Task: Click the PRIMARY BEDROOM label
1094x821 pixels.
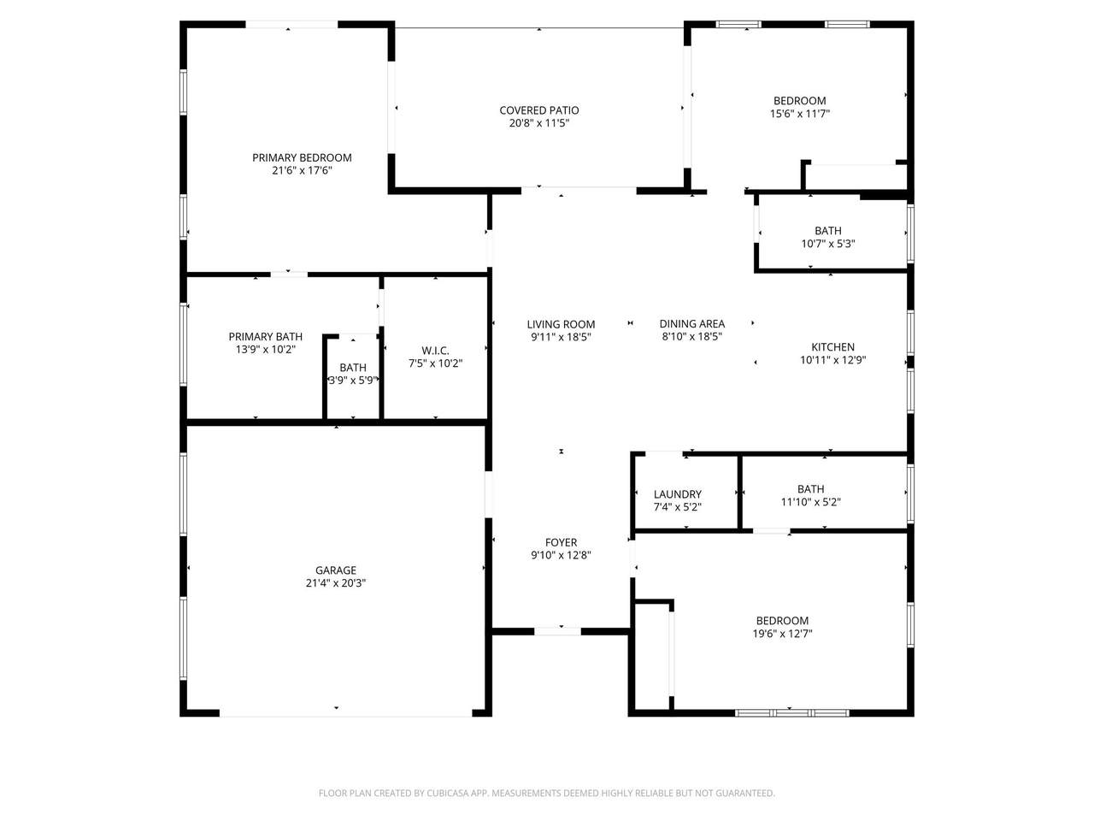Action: coord(302,158)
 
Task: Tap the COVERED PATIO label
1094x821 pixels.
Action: coord(538,110)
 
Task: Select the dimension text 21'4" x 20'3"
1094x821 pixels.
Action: coord(335,582)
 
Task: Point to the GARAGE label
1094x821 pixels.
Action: coord(335,570)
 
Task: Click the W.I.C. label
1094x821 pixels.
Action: coord(435,351)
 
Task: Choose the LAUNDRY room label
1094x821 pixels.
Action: coord(677,494)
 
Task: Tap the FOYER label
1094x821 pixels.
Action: coord(561,542)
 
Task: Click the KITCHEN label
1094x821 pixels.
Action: coord(832,347)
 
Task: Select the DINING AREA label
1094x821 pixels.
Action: coord(691,324)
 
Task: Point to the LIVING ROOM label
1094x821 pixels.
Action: coord(561,324)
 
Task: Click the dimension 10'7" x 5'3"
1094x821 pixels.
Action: coord(828,244)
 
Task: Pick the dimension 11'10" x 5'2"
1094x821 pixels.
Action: coord(810,502)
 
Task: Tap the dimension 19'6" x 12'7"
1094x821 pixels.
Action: coord(782,634)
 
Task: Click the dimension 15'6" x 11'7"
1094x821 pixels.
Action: coord(799,114)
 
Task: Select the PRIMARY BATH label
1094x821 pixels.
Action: coord(265,336)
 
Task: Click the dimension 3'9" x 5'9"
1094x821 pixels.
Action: coord(352,381)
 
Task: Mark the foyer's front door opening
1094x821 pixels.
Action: coord(557,631)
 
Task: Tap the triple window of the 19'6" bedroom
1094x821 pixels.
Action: coord(792,713)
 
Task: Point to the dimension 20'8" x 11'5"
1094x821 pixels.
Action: coord(538,123)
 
